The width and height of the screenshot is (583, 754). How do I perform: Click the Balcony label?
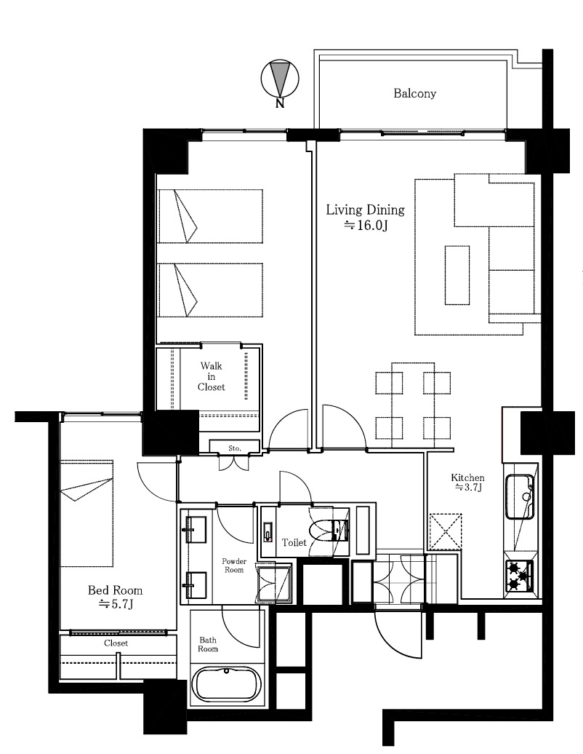pos(414,93)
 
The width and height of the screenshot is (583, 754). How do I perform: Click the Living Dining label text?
pos(365,210)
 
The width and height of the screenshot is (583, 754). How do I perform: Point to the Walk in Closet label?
pos(212,376)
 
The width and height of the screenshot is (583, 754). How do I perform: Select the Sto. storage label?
pos(234,448)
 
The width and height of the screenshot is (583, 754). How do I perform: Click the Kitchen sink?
pos(520,497)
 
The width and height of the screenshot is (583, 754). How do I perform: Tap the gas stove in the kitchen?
pos(518,576)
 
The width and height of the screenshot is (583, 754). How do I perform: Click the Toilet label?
pos(294,542)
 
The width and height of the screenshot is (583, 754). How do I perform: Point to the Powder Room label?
pos(234,565)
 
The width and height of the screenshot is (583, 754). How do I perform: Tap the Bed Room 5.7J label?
pos(116,597)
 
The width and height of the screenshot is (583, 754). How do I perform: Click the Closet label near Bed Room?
pos(116,643)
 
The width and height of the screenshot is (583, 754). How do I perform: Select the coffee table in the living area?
pos(457,275)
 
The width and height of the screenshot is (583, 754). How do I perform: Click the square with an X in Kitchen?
pos(445,531)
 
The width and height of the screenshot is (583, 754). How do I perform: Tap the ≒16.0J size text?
pos(365,225)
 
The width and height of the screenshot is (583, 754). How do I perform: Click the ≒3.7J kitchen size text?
pos(468,488)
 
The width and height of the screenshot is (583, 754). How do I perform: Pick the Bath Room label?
pos(209,644)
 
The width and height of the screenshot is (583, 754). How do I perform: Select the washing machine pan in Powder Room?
pos(274,582)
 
